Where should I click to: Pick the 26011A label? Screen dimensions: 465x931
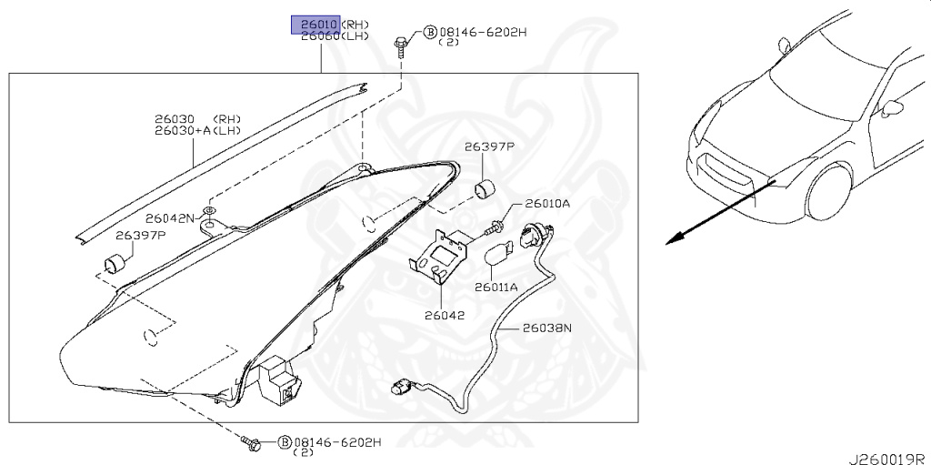496,287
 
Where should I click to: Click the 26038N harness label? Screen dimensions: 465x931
547,328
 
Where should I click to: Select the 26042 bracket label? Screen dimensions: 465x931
444,317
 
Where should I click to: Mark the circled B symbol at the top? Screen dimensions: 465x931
429,34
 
